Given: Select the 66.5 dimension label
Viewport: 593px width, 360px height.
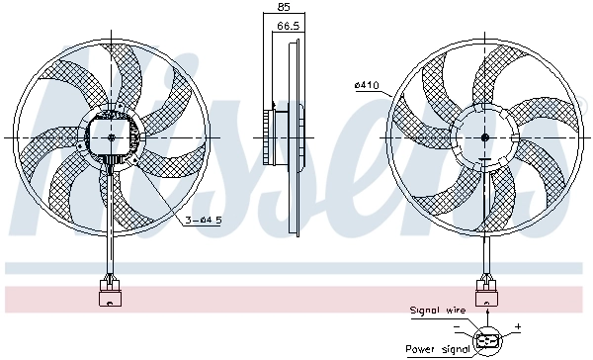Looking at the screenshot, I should click(x=288, y=28).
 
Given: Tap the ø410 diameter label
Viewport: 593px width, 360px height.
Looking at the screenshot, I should click(x=367, y=85).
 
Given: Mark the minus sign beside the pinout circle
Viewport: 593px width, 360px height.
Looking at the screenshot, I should click(x=458, y=325).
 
